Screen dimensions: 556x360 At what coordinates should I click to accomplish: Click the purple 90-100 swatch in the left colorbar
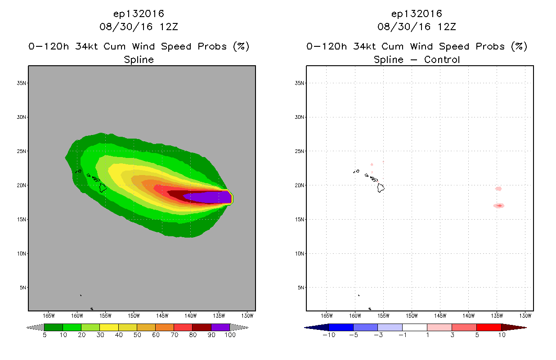(220, 327)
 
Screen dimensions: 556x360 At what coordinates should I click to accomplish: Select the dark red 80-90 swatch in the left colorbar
(202, 327)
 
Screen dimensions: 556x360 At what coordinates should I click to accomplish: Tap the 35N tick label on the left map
(21, 83)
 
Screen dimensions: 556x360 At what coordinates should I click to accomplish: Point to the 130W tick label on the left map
(247, 316)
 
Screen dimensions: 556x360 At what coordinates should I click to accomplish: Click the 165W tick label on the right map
(327, 316)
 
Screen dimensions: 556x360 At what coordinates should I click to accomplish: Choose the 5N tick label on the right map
(300, 288)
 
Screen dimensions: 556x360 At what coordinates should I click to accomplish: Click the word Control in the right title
(442, 59)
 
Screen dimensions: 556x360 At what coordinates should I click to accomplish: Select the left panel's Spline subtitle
(139, 60)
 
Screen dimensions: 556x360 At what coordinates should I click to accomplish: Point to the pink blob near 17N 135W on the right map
(499, 206)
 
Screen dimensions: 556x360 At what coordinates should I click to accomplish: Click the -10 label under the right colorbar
(329, 335)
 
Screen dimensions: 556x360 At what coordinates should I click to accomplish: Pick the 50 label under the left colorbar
(137, 335)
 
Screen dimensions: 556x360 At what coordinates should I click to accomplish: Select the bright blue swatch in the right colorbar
(341, 327)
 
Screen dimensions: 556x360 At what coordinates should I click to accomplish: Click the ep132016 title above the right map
(417, 14)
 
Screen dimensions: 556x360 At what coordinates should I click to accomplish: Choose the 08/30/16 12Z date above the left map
(139, 27)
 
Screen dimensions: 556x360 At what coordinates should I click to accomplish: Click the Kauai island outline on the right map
(358, 171)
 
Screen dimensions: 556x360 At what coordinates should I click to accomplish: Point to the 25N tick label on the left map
(21, 151)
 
